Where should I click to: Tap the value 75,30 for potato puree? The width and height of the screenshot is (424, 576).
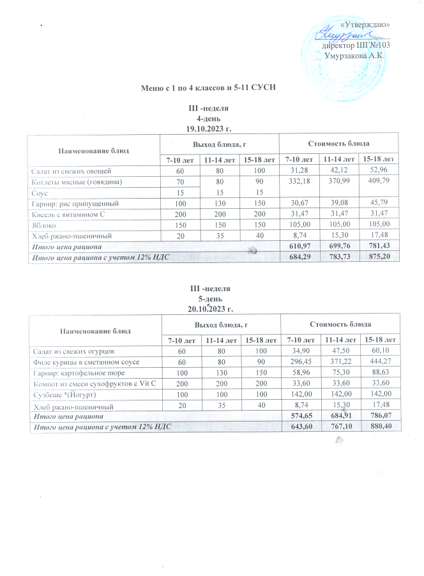[339, 372]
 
